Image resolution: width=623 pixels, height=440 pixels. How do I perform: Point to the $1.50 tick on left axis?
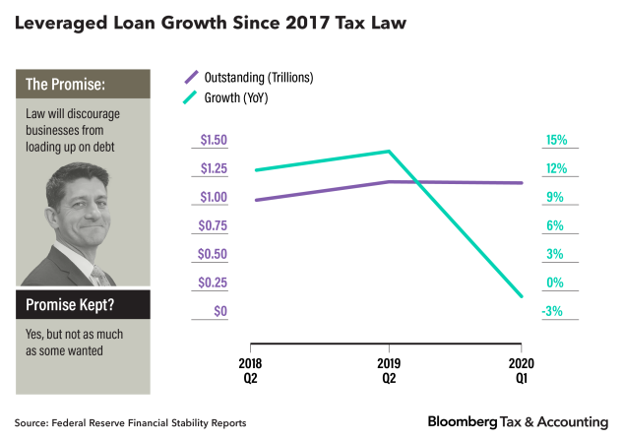tap(213, 140)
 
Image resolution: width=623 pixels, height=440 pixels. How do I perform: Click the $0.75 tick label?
tap(213, 225)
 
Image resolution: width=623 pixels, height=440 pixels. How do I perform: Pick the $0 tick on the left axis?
tap(221, 311)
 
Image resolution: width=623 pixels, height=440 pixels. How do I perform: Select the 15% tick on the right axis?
tap(555, 140)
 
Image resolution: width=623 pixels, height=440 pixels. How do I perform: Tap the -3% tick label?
tap(553, 311)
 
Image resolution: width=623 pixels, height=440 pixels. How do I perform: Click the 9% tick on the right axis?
tap(553, 197)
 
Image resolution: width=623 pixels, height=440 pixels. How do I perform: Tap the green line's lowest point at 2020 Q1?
tap(522, 296)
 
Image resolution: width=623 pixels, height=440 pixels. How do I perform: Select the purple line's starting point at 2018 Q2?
tap(255, 200)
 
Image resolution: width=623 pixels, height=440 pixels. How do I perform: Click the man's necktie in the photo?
tap(97, 277)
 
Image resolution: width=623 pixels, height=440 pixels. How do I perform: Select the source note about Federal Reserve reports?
tap(130, 422)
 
